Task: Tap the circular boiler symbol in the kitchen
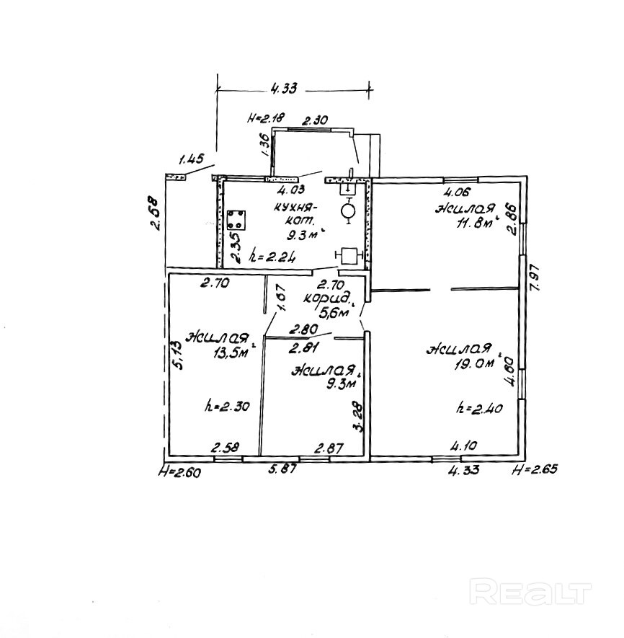[348, 211]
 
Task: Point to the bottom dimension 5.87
[283, 469]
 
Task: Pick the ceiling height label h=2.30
[226, 406]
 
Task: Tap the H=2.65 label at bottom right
[534, 470]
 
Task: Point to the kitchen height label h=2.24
[271, 255]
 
